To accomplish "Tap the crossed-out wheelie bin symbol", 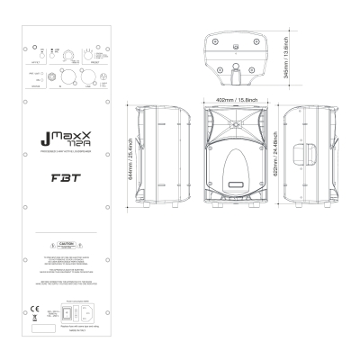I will [36, 311].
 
